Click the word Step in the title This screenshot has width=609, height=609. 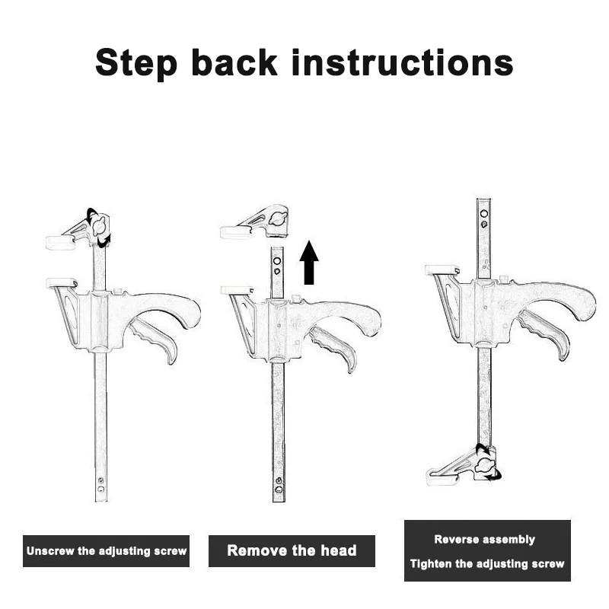coord(136,64)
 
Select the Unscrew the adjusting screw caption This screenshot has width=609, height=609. coord(107,550)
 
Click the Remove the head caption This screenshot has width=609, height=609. coord(292,550)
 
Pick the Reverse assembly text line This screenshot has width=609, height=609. coord(484,540)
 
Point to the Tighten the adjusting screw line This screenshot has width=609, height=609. coord(487,563)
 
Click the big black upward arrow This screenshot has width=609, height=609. coord(309,263)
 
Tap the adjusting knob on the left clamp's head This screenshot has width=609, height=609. coord(99,225)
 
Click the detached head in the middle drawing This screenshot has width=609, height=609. coord(254,222)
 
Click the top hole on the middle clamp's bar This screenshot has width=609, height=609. coord(277,260)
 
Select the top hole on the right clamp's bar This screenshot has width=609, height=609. coord(484,214)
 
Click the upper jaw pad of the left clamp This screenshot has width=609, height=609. coord(60,242)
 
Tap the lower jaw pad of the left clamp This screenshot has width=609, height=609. coord(61,282)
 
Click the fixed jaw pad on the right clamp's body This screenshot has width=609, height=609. coord(442,269)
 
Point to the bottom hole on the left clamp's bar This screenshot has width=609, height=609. coord(100,489)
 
